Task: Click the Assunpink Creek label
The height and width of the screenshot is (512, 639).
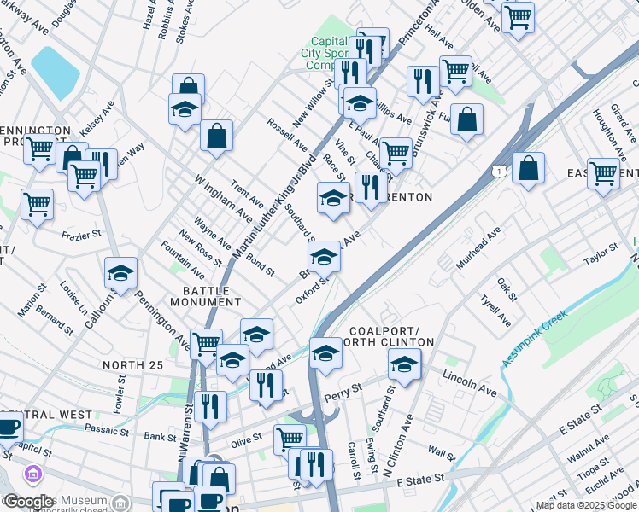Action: tap(536, 339)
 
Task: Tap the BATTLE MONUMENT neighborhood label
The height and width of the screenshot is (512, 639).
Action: tap(206, 296)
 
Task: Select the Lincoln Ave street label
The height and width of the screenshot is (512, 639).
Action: tap(469, 382)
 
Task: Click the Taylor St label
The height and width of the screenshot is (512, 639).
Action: tap(600, 253)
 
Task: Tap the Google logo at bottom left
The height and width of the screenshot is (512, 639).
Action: tap(28, 502)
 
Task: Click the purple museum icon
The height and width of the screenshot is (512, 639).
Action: tap(33, 473)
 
